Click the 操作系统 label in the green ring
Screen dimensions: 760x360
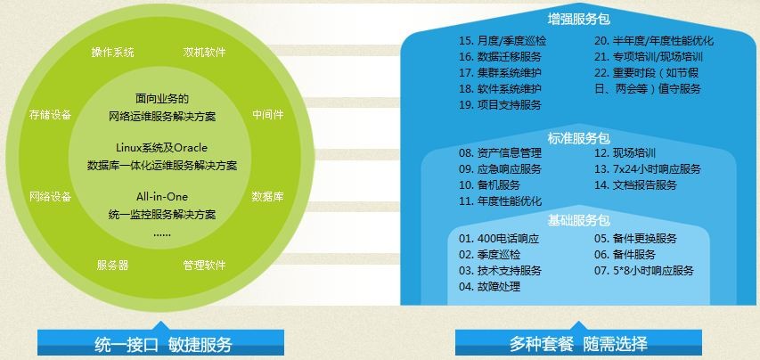tap(112, 53)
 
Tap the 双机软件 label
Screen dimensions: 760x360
tap(204, 53)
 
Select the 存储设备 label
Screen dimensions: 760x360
tap(51, 115)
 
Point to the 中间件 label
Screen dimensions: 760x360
tap(268, 115)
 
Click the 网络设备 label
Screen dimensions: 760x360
tap(51, 197)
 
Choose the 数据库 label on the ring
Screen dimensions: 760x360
tap(268, 197)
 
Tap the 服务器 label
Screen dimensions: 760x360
tap(112, 265)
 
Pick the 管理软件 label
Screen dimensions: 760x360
tap(204, 265)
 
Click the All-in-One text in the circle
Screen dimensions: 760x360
tap(162, 197)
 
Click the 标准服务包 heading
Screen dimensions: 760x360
tap(579, 139)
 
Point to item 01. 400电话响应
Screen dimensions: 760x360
tap(499, 239)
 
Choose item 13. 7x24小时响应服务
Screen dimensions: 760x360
tap(648, 169)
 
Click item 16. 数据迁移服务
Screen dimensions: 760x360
tap(500, 57)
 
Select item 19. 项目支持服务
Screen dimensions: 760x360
tap(500, 104)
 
